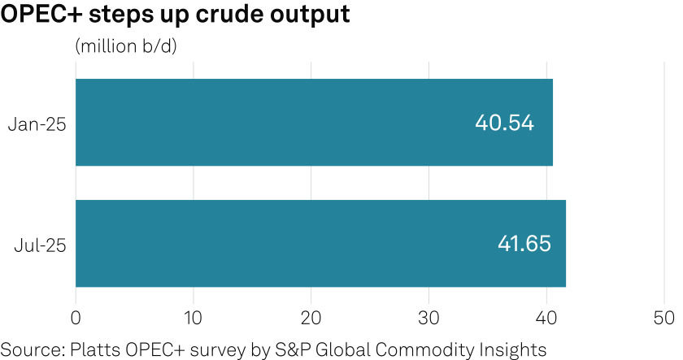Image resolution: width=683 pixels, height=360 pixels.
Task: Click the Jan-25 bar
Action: [x=314, y=123]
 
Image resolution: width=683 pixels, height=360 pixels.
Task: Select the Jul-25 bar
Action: [x=320, y=243]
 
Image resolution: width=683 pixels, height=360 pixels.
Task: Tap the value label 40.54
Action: [x=504, y=123]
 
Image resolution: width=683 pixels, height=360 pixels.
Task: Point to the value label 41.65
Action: [x=524, y=243]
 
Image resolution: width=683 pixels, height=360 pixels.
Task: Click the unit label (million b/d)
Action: [x=125, y=46]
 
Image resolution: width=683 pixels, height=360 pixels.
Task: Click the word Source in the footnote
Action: [x=26, y=349]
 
